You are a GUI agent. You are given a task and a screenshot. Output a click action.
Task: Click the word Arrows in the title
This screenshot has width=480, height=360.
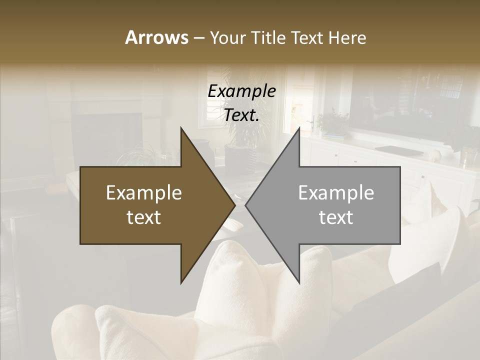tap(156, 37)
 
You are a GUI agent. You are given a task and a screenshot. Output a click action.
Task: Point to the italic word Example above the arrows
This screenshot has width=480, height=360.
tap(242, 91)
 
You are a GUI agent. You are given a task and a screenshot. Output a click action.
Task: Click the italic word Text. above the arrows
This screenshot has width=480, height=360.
tap(242, 115)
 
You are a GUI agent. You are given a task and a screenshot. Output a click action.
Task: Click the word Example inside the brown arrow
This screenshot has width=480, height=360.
tap(144, 193)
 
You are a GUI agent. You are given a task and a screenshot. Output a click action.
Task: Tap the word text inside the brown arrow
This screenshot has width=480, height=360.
tap(144, 217)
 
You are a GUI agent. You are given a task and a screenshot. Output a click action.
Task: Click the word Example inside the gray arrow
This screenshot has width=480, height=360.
tap(336, 193)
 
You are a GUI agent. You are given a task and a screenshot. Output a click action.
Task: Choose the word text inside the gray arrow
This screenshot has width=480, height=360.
tap(336, 217)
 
